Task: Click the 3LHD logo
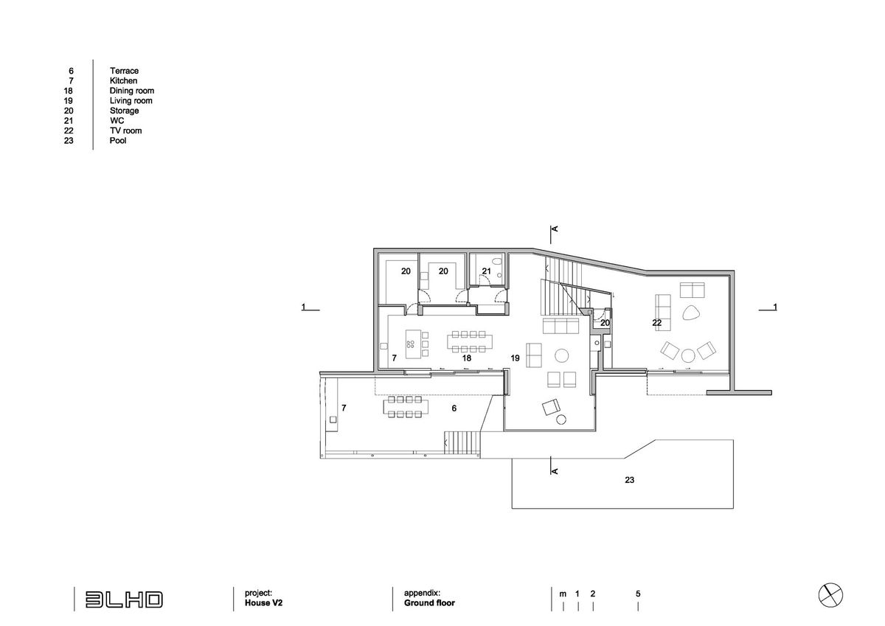click(124, 599)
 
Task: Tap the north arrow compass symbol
click(830, 595)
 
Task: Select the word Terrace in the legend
click(124, 71)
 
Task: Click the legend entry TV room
click(125, 131)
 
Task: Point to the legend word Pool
click(118, 140)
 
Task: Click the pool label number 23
click(629, 480)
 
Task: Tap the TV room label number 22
click(656, 323)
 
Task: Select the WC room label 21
click(486, 271)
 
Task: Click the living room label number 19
click(515, 358)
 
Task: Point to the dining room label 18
click(467, 358)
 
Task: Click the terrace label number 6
click(454, 408)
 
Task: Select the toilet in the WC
click(497, 262)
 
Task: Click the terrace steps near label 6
click(462, 442)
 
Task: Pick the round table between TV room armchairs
click(688, 355)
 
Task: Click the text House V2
click(263, 602)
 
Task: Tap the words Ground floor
click(429, 602)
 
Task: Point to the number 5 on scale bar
click(638, 594)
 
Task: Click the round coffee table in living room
click(561, 355)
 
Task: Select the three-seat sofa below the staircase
click(561, 326)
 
